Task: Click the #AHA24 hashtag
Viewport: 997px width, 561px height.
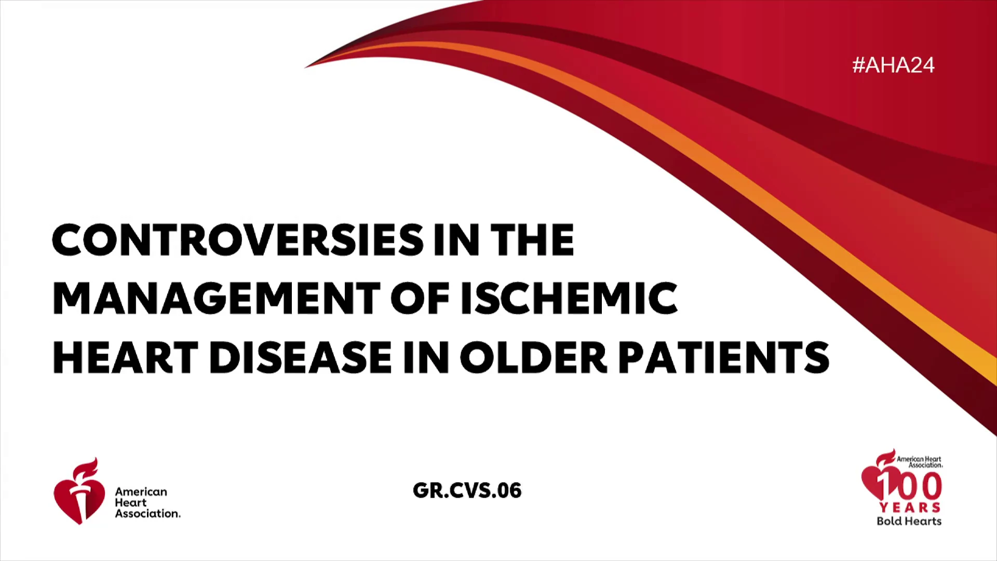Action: click(x=893, y=65)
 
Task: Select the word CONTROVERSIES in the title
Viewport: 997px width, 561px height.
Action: click(x=238, y=240)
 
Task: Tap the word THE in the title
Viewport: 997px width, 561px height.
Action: click(x=532, y=240)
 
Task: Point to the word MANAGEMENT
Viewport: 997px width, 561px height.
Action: click(x=217, y=299)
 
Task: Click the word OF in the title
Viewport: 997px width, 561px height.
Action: click(x=420, y=299)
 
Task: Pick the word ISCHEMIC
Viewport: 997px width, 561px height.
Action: click(x=569, y=299)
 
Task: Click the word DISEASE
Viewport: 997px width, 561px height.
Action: click(x=301, y=357)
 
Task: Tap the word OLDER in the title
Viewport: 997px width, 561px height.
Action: click(x=534, y=357)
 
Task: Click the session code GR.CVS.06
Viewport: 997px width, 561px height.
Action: click(x=467, y=491)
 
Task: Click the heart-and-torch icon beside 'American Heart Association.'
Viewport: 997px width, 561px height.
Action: click(x=79, y=491)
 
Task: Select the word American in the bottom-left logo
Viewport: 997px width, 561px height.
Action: click(x=141, y=491)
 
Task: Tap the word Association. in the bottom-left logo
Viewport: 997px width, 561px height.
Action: click(x=148, y=513)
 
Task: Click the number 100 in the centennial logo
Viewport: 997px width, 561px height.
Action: click(x=909, y=486)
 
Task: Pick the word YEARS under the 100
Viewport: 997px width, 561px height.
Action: click(x=910, y=507)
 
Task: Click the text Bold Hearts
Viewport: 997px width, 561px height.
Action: click(x=909, y=521)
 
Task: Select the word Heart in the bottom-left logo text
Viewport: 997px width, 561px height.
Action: click(x=131, y=502)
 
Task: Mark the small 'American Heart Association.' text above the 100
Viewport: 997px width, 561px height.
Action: click(x=919, y=462)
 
